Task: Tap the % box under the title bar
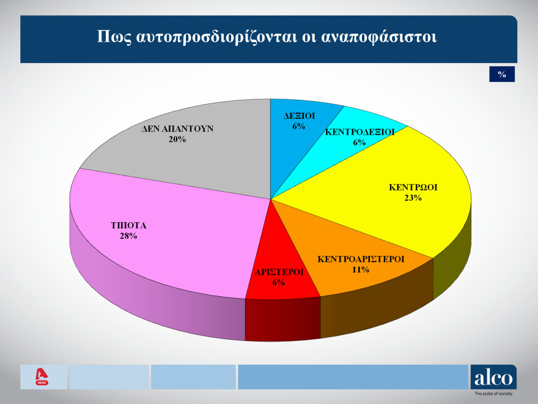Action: [x=502, y=74]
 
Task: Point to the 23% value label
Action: [x=413, y=198]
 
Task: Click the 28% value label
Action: [x=128, y=236]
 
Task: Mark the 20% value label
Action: [x=177, y=140]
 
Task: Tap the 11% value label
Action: [x=361, y=269]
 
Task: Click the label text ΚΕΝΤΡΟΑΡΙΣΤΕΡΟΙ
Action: [x=361, y=259]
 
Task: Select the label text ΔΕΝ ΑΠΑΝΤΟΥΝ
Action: [x=177, y=129]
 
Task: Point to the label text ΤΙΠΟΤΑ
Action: [x=128, y=225]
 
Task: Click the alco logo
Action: [x=493, y=377]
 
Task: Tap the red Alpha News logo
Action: [x=42, y=376]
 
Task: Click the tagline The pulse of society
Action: [x=493, y=395]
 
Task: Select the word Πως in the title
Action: [x=111, y=36]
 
